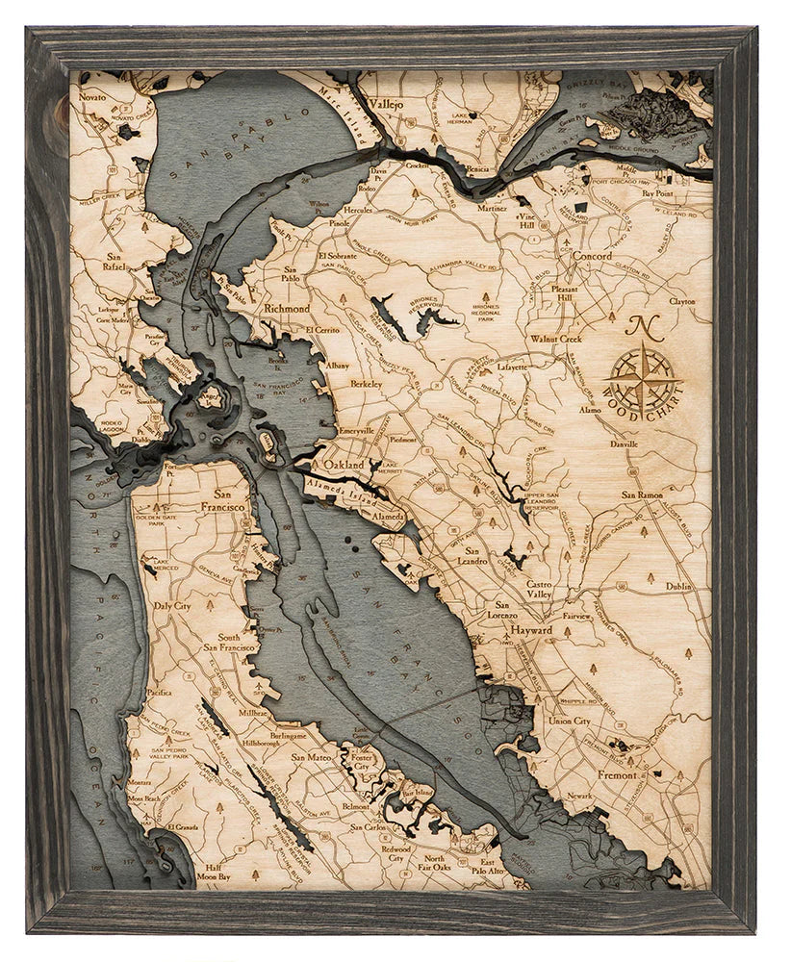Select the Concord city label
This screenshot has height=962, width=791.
pyautogui.click(x=591, y=257)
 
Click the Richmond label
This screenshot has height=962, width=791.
pyautogui.click(x=287, y=309)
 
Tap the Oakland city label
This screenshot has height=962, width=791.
pyautogui.click(x=344, y=464)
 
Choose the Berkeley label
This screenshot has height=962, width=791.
pyautogui.click(x=366, y=383)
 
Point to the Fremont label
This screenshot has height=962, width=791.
pyautogui.click(x=616, y=774)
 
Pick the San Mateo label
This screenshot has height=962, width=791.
pyautogui.click(x=312, y=757)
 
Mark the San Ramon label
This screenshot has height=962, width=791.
pyautogui.click(x=641, y=494)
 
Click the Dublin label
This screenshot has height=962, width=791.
pyautogui.click(x=677, y=585)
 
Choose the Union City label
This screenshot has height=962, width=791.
pyautogui.click(x=569, y=721)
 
